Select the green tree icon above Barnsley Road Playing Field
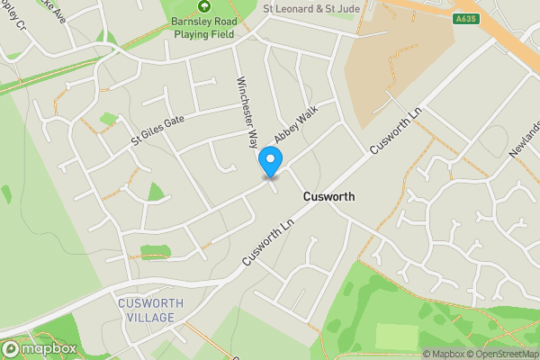pyautogui.click(x=203, y=8)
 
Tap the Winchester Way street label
pyautogui.click(x=247, y=109)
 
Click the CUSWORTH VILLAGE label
pyautogui.click(x=150, y=310)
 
